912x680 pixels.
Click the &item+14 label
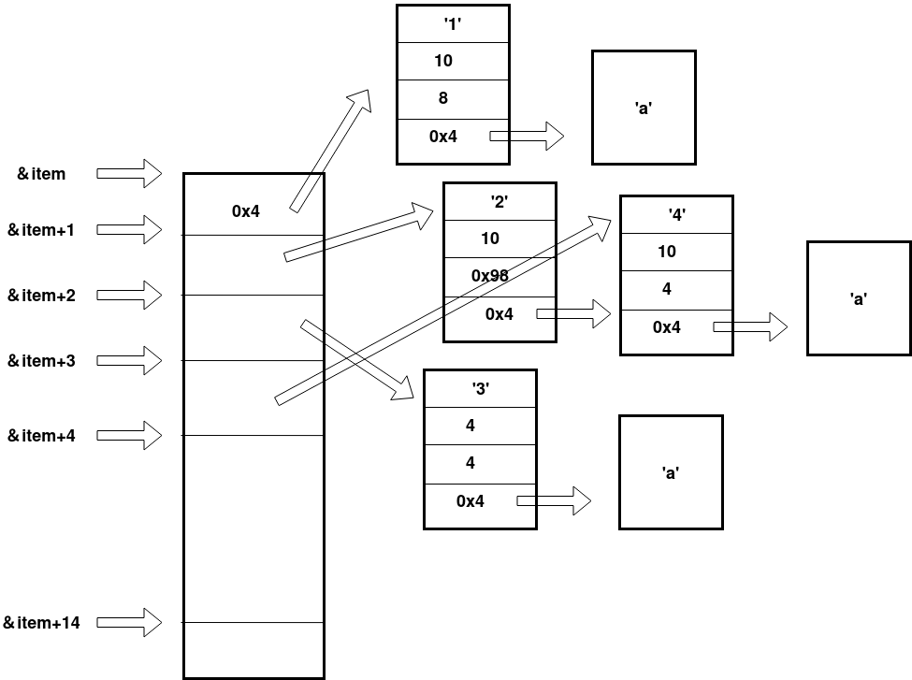click(41, 623)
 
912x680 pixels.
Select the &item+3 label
click(41, 361)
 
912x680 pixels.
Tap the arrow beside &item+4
click(129, 435)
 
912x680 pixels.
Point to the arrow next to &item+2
click(129, 296)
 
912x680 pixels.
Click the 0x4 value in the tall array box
click(246, 211)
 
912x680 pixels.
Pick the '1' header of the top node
click(453, 24)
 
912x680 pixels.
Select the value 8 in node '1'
click(443, 97)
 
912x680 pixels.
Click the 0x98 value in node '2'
click(490, 276)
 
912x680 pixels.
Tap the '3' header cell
click(480, 389)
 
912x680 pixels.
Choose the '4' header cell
click(676, 215)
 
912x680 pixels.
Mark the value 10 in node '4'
click(667, 252)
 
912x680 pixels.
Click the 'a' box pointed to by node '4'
click(858, 298)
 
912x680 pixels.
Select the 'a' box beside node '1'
click(644, 108)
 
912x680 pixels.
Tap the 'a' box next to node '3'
click(671, 472)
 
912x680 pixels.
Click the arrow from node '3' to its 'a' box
click(554, 501)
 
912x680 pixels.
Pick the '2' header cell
click(499, 202)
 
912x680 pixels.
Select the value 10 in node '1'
click(443, 61)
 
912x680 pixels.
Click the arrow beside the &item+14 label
click(129, 622)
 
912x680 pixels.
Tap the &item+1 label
click(41, 230)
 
